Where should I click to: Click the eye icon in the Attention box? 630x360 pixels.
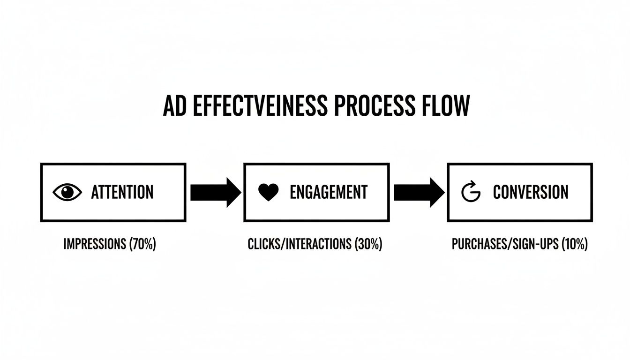(67, 192)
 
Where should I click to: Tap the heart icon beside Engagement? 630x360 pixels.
(269, 192)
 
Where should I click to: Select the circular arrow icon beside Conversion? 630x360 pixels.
(471, 192)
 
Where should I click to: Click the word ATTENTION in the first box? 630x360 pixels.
(122, 192)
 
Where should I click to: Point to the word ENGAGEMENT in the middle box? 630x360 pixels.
(329, 192)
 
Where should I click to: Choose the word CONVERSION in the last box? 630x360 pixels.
(531, 192)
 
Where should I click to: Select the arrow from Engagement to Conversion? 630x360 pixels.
(418, 192)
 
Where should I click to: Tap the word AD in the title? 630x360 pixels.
(172, 107)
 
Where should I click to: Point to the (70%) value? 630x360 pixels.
(142, 244)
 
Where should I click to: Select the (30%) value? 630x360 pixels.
(368, 244)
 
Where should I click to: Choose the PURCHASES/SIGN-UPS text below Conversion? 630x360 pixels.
(505, 244)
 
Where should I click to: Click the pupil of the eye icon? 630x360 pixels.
(68, 192)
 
